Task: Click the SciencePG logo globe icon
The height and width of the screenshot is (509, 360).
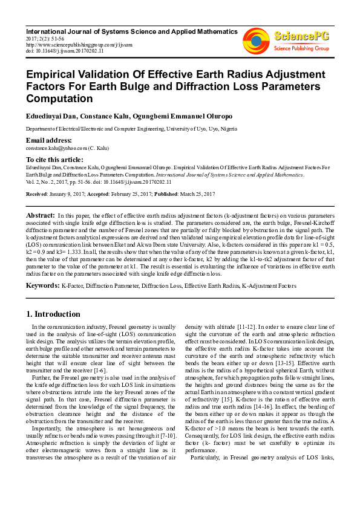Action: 255,40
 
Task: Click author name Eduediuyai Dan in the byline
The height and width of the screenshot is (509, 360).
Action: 50,115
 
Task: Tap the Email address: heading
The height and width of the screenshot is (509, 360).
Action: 48,140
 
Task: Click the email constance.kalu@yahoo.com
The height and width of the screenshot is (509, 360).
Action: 55,148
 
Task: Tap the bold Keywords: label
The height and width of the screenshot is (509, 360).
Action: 43,284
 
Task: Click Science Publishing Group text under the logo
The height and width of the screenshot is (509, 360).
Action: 301,48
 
